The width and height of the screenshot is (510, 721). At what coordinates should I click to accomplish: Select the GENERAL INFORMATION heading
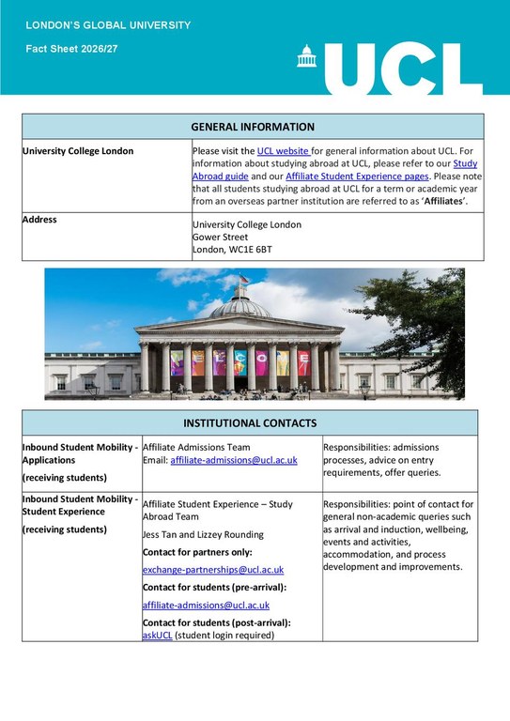(x=253, y=127)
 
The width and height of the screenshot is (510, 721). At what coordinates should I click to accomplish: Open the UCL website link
(x=283, y=150)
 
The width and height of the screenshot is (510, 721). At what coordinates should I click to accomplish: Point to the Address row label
(x=39, y=220)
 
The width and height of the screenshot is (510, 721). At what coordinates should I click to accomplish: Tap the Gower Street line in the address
(x=220, y=238)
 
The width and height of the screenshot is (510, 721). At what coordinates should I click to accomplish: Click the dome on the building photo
(x=239, y=305)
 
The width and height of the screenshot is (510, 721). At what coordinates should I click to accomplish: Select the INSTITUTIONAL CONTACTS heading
(x=250, y=423)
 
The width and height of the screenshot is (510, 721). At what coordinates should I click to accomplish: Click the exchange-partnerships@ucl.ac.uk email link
(x=213, y=570)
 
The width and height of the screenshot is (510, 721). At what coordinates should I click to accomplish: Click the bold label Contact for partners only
(x=197, y=552)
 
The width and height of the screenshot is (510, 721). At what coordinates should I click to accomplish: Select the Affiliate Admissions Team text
(x=196, y=448)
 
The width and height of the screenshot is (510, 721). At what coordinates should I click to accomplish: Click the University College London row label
(x=78, y=151)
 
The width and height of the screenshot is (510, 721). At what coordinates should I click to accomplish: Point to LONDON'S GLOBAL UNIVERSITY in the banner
(x=108, y=24)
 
